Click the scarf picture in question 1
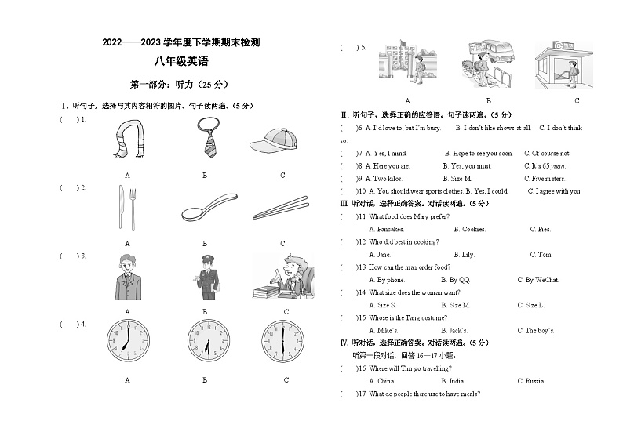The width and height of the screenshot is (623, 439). tap(128, 140)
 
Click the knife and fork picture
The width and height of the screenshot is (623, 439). tap(128, 208)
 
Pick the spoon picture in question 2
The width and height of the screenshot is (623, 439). tap(206, 208)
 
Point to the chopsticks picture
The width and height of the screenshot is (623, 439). tap(281, 209)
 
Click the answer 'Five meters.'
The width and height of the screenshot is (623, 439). tap(544, 179)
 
